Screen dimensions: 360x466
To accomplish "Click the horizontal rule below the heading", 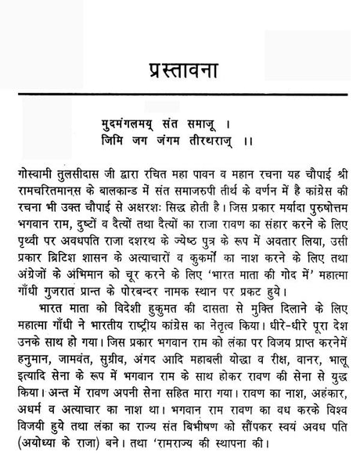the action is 179,95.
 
